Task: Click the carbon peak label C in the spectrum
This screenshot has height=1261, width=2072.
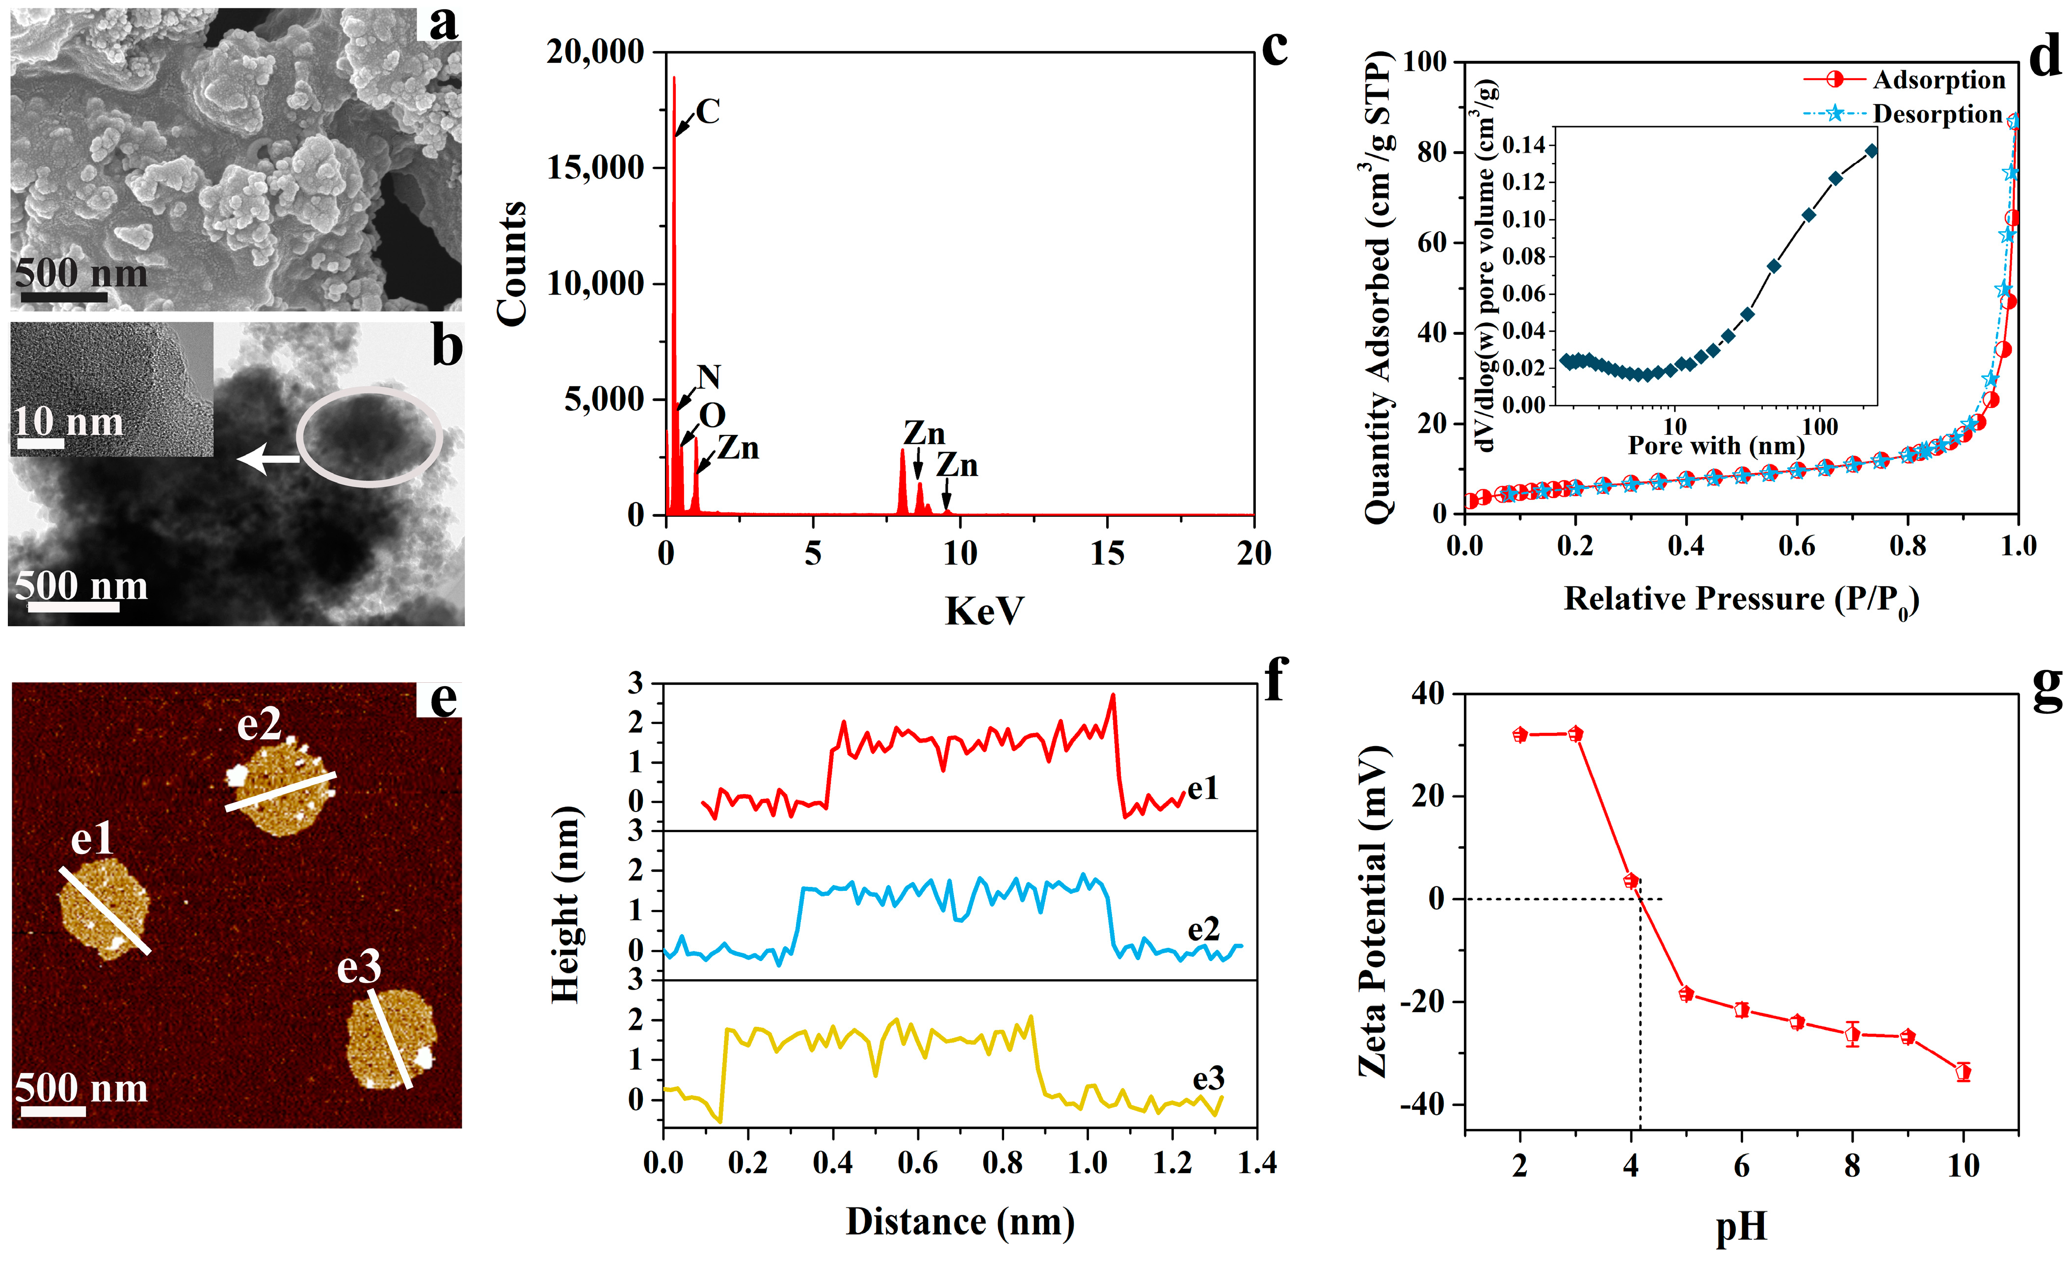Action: click(x=708, y=112)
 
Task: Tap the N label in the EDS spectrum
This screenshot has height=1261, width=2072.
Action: click(x=709, y=377)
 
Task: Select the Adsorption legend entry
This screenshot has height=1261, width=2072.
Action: click(x=1939, y=80)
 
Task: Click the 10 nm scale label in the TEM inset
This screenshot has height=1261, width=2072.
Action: click(x=67, y=422)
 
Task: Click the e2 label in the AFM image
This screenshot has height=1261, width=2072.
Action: click(x=258, y=724)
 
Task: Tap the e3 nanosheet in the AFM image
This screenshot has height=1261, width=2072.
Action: click(x=391, y=1039)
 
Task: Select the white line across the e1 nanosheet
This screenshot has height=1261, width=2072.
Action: click(x=105, y=911)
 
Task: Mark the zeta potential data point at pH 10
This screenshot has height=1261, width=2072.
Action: click(x=1964, y=1072)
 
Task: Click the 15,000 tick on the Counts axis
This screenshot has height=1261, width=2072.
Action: click(x=594, y=167)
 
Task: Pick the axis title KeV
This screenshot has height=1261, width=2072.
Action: click(x=984, y=611)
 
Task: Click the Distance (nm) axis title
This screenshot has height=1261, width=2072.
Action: click(x=959, y=1221)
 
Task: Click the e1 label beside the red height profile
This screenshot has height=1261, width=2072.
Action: click(x=1202, y=788)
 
